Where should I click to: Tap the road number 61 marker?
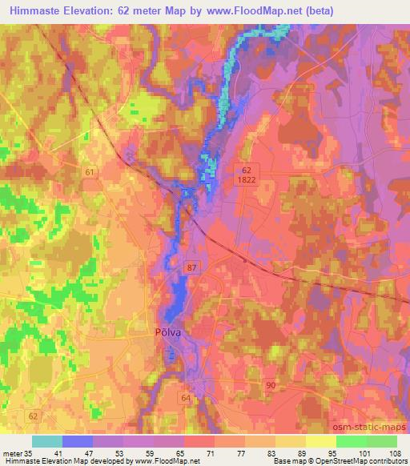point(90,172)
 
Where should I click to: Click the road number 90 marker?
point(271,386)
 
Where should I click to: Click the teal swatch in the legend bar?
point(47,441)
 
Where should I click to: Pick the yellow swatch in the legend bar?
point(321,441)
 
